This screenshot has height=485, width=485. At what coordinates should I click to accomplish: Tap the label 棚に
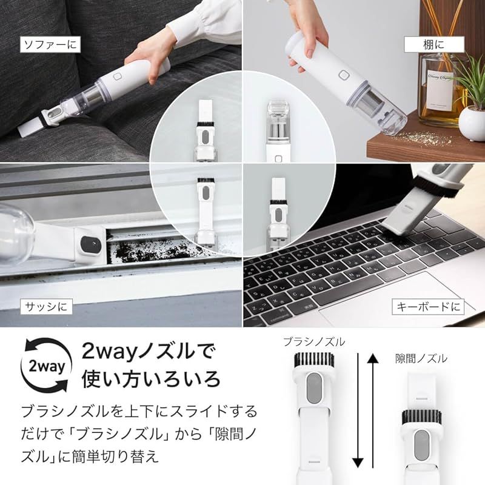click(x=433, y=44)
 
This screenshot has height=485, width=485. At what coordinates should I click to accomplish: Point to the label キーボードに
click(x=427, y=306)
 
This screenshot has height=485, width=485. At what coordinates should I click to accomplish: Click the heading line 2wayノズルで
click(x=149, y=352)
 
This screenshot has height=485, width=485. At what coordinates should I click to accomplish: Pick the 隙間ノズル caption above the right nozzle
click(x=421, y=359)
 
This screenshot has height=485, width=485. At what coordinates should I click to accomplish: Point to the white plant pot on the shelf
click(x=471, y=122)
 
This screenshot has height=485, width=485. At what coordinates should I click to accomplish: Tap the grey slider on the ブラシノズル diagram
click(x=313, y=386)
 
